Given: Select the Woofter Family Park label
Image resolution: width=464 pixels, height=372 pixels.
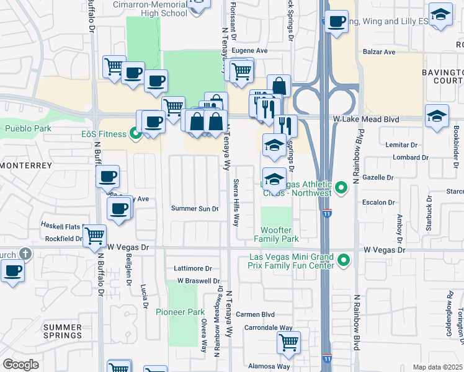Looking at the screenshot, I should tap(277, 234).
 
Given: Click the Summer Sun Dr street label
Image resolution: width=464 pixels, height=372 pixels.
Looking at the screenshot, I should tap(195, 208).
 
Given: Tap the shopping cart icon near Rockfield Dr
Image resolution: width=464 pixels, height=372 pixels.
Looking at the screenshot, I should tap(94, 235).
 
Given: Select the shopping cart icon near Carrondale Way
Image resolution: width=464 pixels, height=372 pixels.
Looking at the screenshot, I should tap(288, 342).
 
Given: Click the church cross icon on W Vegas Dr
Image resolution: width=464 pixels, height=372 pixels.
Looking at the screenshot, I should tap(25, 254).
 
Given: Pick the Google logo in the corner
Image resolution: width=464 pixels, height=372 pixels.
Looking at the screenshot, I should tap(20, 365).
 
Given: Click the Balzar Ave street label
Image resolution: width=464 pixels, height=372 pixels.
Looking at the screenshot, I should tap(380, 52).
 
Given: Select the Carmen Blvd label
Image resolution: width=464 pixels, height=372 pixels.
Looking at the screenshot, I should tap(259, 314).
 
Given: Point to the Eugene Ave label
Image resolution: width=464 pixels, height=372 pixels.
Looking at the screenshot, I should tap(249, 51).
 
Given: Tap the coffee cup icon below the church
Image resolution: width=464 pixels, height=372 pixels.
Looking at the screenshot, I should tap(12, 271).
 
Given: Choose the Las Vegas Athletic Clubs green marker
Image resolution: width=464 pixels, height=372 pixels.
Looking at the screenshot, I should tap(341, 187).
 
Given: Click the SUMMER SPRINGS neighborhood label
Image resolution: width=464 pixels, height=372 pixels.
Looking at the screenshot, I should tap(62, 330).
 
